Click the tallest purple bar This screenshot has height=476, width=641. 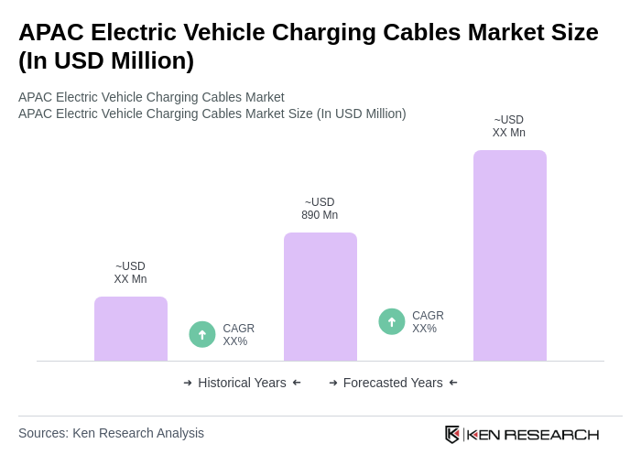(x=509, y=255)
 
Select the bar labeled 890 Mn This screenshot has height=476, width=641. (x=320, y=297)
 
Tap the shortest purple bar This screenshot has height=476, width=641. (x=130, y=329)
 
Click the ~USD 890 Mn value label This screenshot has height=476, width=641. (x=320, y=209)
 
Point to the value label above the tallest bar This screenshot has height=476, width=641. (x=508, y=126)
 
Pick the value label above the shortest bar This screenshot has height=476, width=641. (x=130, y=273)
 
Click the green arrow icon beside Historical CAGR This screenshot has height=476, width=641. (x=202, y=334)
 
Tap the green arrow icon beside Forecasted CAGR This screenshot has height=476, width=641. (x=392, y=321)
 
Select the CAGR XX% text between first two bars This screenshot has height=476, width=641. (x=238, y=335)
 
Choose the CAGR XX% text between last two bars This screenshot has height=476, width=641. (x=428, y=322)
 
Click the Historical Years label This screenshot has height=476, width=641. (x=242, y=383)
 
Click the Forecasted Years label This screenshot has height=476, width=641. (x=392, y=383)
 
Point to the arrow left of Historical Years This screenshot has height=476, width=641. (x=188, y=383)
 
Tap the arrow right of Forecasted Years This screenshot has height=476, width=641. (x=453, y=383)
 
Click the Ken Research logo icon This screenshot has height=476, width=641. (x=452, y=434)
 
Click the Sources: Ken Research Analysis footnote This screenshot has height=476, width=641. (x=111, y=433)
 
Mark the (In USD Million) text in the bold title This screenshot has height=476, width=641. (x=106, y=60)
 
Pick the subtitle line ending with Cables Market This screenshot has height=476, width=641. (x=151, y=97)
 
